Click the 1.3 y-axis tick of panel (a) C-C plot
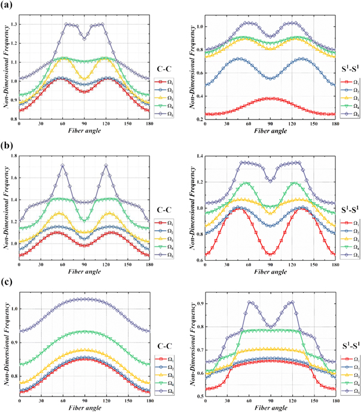point(14,25)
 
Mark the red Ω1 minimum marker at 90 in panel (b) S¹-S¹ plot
point(270,254)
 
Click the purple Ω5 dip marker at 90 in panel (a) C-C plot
point(84,38)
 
